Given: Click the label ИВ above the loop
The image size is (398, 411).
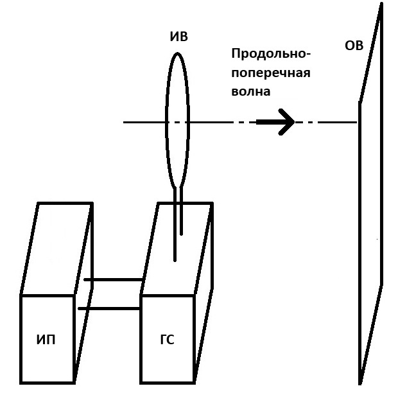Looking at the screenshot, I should click(178, 37).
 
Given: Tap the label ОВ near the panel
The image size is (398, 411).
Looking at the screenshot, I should click(354, 46).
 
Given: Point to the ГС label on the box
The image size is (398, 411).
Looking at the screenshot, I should click(166, 340).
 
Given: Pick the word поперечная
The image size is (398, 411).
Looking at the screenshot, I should click(270, 73).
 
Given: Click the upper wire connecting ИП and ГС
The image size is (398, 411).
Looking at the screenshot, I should click(113, 280).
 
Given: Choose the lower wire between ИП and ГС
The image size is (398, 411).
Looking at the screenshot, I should click(109, 309).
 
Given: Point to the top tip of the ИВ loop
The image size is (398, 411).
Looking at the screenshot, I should click(178, 53).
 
